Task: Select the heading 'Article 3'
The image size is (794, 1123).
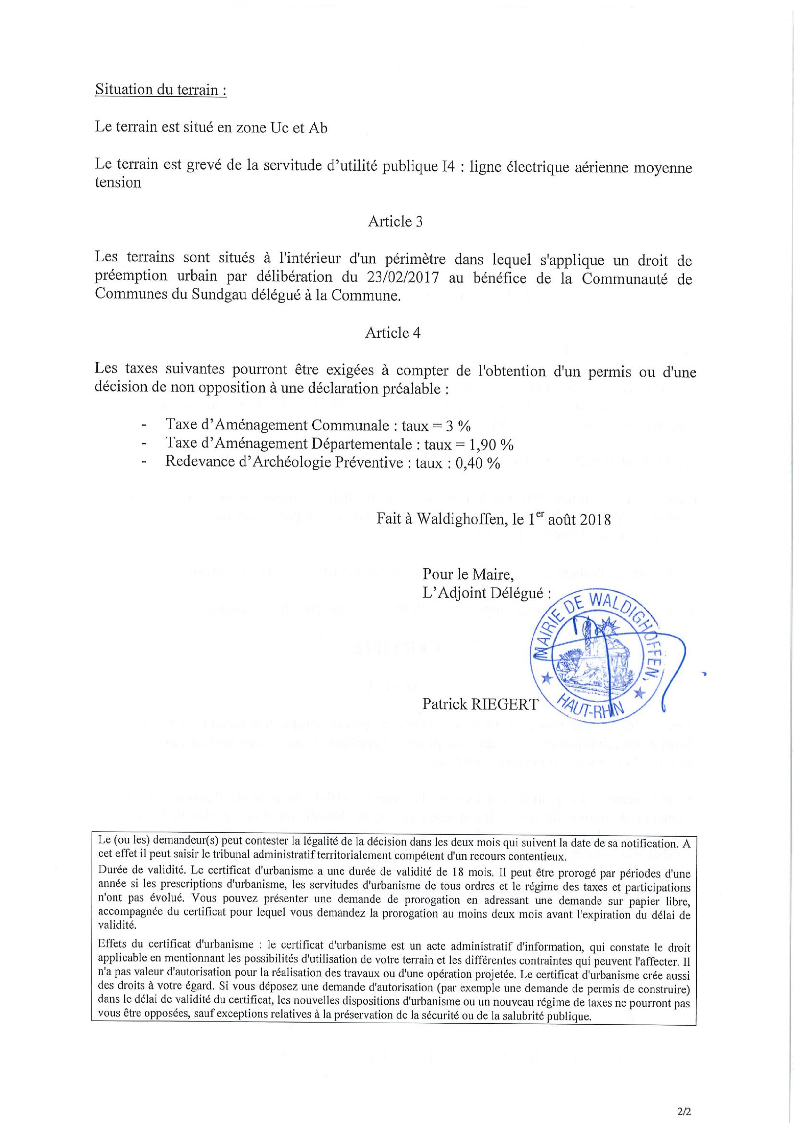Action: coord(395,221)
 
